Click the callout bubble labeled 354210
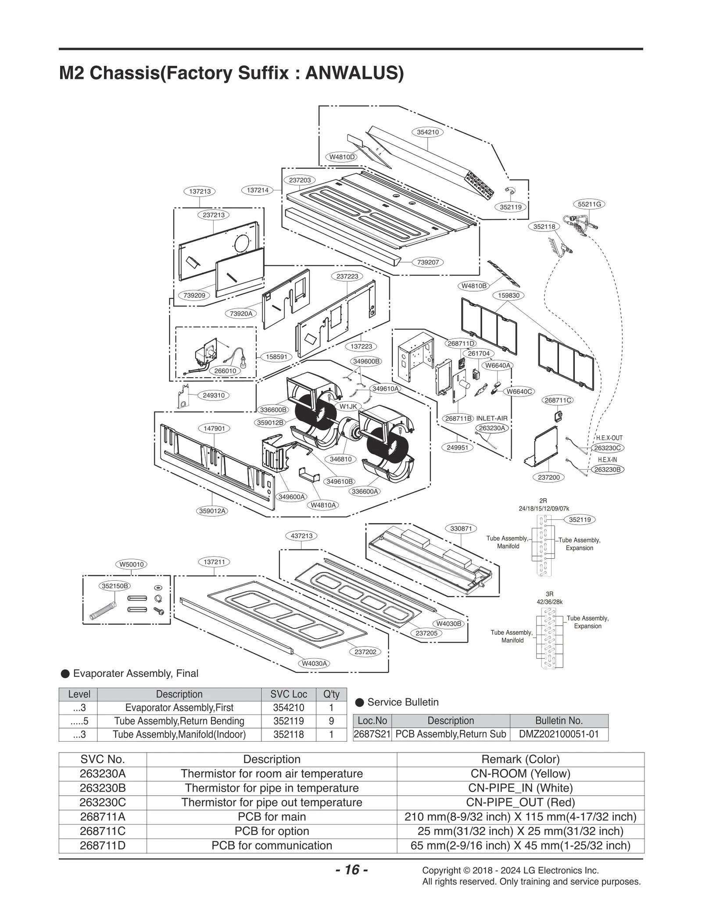(428, 132)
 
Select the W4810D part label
(342, 157)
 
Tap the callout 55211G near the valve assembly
(589, 204)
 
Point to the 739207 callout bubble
(428, 262)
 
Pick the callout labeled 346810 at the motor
(340, 459)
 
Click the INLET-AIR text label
(492, 418)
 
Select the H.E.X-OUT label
(609, 438)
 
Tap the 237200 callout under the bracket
(548, 477)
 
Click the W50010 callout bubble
(132, 564)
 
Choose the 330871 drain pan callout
(461, 528)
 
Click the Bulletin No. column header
(559, 721)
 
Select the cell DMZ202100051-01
(559, 734)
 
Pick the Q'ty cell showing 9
(331, 721)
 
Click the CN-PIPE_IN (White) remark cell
(520, 788)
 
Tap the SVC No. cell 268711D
(103, 846)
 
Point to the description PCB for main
(272, 817)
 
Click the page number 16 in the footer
(351, 870)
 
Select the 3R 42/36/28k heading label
(549, 598)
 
